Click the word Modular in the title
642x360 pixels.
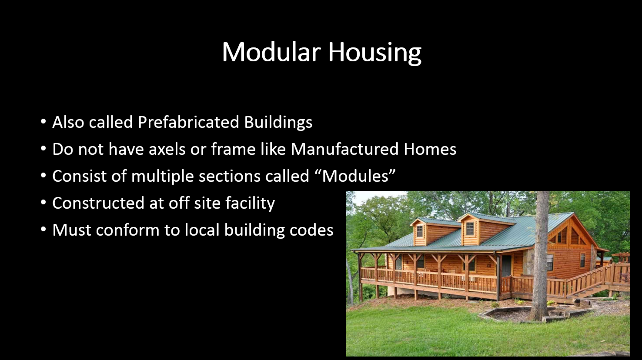pos(271,52)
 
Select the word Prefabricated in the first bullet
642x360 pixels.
pos(188,122)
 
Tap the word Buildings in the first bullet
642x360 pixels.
pos(278,123)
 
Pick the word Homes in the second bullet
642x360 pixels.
pos(430,149)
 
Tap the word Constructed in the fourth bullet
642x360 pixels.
pos(98,203)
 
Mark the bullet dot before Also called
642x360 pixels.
pos(43,122)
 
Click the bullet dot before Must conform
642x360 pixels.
pos(43,230)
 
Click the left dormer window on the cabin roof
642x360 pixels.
pos(420,231)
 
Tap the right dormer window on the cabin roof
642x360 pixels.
pos(470,229)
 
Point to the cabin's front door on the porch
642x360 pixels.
pos(506,266)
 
